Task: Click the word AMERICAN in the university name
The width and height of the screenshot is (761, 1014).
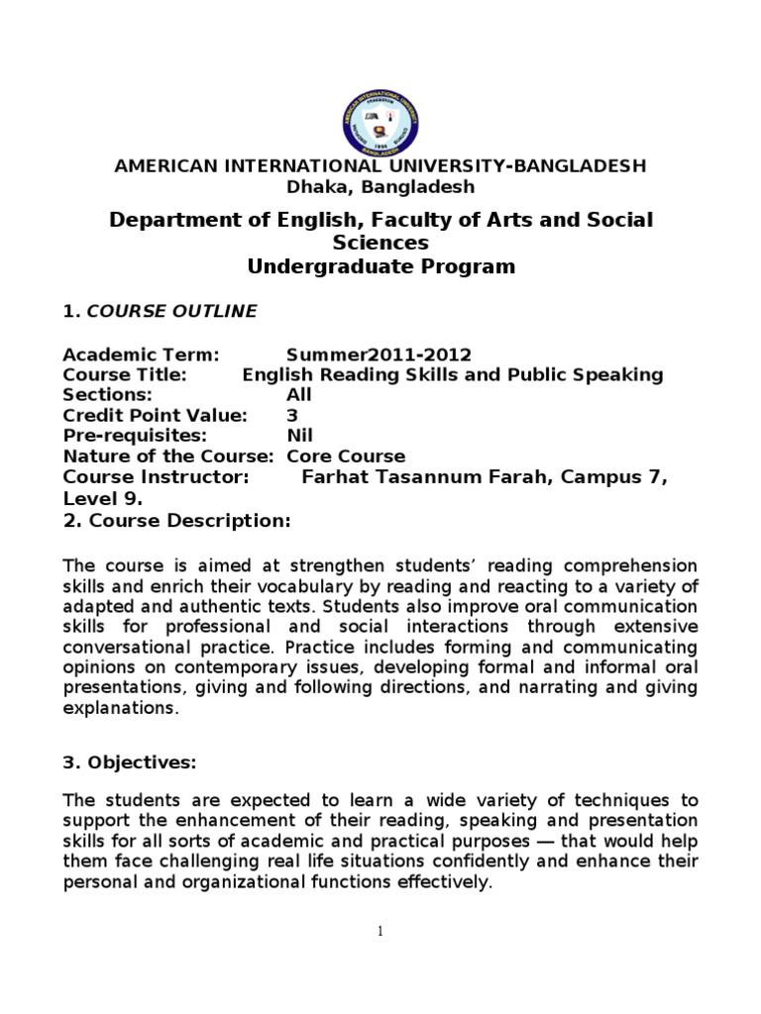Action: (x=161, y=165)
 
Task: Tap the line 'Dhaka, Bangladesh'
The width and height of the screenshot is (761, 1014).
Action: (x=380, y=186)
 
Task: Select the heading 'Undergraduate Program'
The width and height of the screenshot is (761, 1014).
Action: (x=380, y=266)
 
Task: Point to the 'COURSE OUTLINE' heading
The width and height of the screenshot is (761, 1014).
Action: (x=171, y=311)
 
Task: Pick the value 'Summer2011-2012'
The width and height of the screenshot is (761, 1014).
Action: (x=379, y=355)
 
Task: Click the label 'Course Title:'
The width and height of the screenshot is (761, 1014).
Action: (x=125, y=375)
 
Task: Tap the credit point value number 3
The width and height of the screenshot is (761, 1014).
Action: (x=292, y=416)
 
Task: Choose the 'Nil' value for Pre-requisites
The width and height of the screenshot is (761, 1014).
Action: (x=299, y=436)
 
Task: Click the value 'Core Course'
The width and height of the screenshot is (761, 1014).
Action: (x=346, y=456)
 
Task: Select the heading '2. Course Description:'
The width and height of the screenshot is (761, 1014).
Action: (x=176, y=521)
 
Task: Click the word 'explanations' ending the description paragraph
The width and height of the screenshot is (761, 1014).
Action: (x=120, y=709)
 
